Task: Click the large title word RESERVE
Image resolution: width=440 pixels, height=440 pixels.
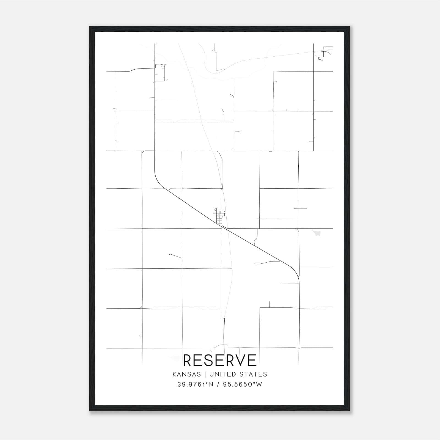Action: (220, 360)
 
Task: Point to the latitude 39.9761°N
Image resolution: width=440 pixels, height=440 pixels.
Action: (195, 384)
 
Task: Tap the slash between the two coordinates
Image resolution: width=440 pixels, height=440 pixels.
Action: (218, 384)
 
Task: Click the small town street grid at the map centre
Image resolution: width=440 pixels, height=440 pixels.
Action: (220, 216)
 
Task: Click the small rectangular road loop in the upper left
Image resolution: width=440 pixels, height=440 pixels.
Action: (160, 73)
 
